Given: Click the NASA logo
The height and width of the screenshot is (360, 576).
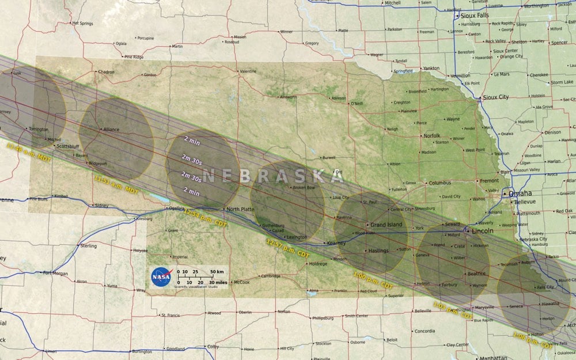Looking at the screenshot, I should pos(161,277).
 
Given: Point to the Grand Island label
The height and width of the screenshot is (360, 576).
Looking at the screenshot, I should pos(386,224).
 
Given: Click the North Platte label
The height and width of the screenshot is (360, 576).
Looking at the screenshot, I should pos(240,209).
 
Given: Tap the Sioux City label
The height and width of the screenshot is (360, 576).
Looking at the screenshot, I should pos(496,97).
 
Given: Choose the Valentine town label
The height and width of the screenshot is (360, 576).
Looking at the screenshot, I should pos(248,71).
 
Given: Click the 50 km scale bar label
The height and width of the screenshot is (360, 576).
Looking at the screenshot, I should pos(216,271).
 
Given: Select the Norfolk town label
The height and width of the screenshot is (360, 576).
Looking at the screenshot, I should pos(431,136).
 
